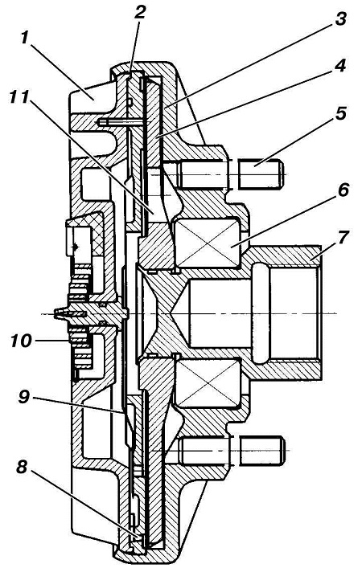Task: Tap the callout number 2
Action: tap(139, 14)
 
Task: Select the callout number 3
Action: tap(340, 18)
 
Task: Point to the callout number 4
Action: tap(340, 66)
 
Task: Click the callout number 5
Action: tap(341, 113)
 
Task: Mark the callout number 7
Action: tap(342, 238)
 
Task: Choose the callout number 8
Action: tap(23, 468)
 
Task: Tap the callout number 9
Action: tap(23, 397)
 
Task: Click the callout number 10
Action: tap(21, 341)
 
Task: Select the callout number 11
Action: tap(19, 97)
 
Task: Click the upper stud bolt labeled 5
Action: tap(260, 174)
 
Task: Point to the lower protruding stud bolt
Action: tap(260, 450)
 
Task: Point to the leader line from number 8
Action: tap(84, 504)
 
